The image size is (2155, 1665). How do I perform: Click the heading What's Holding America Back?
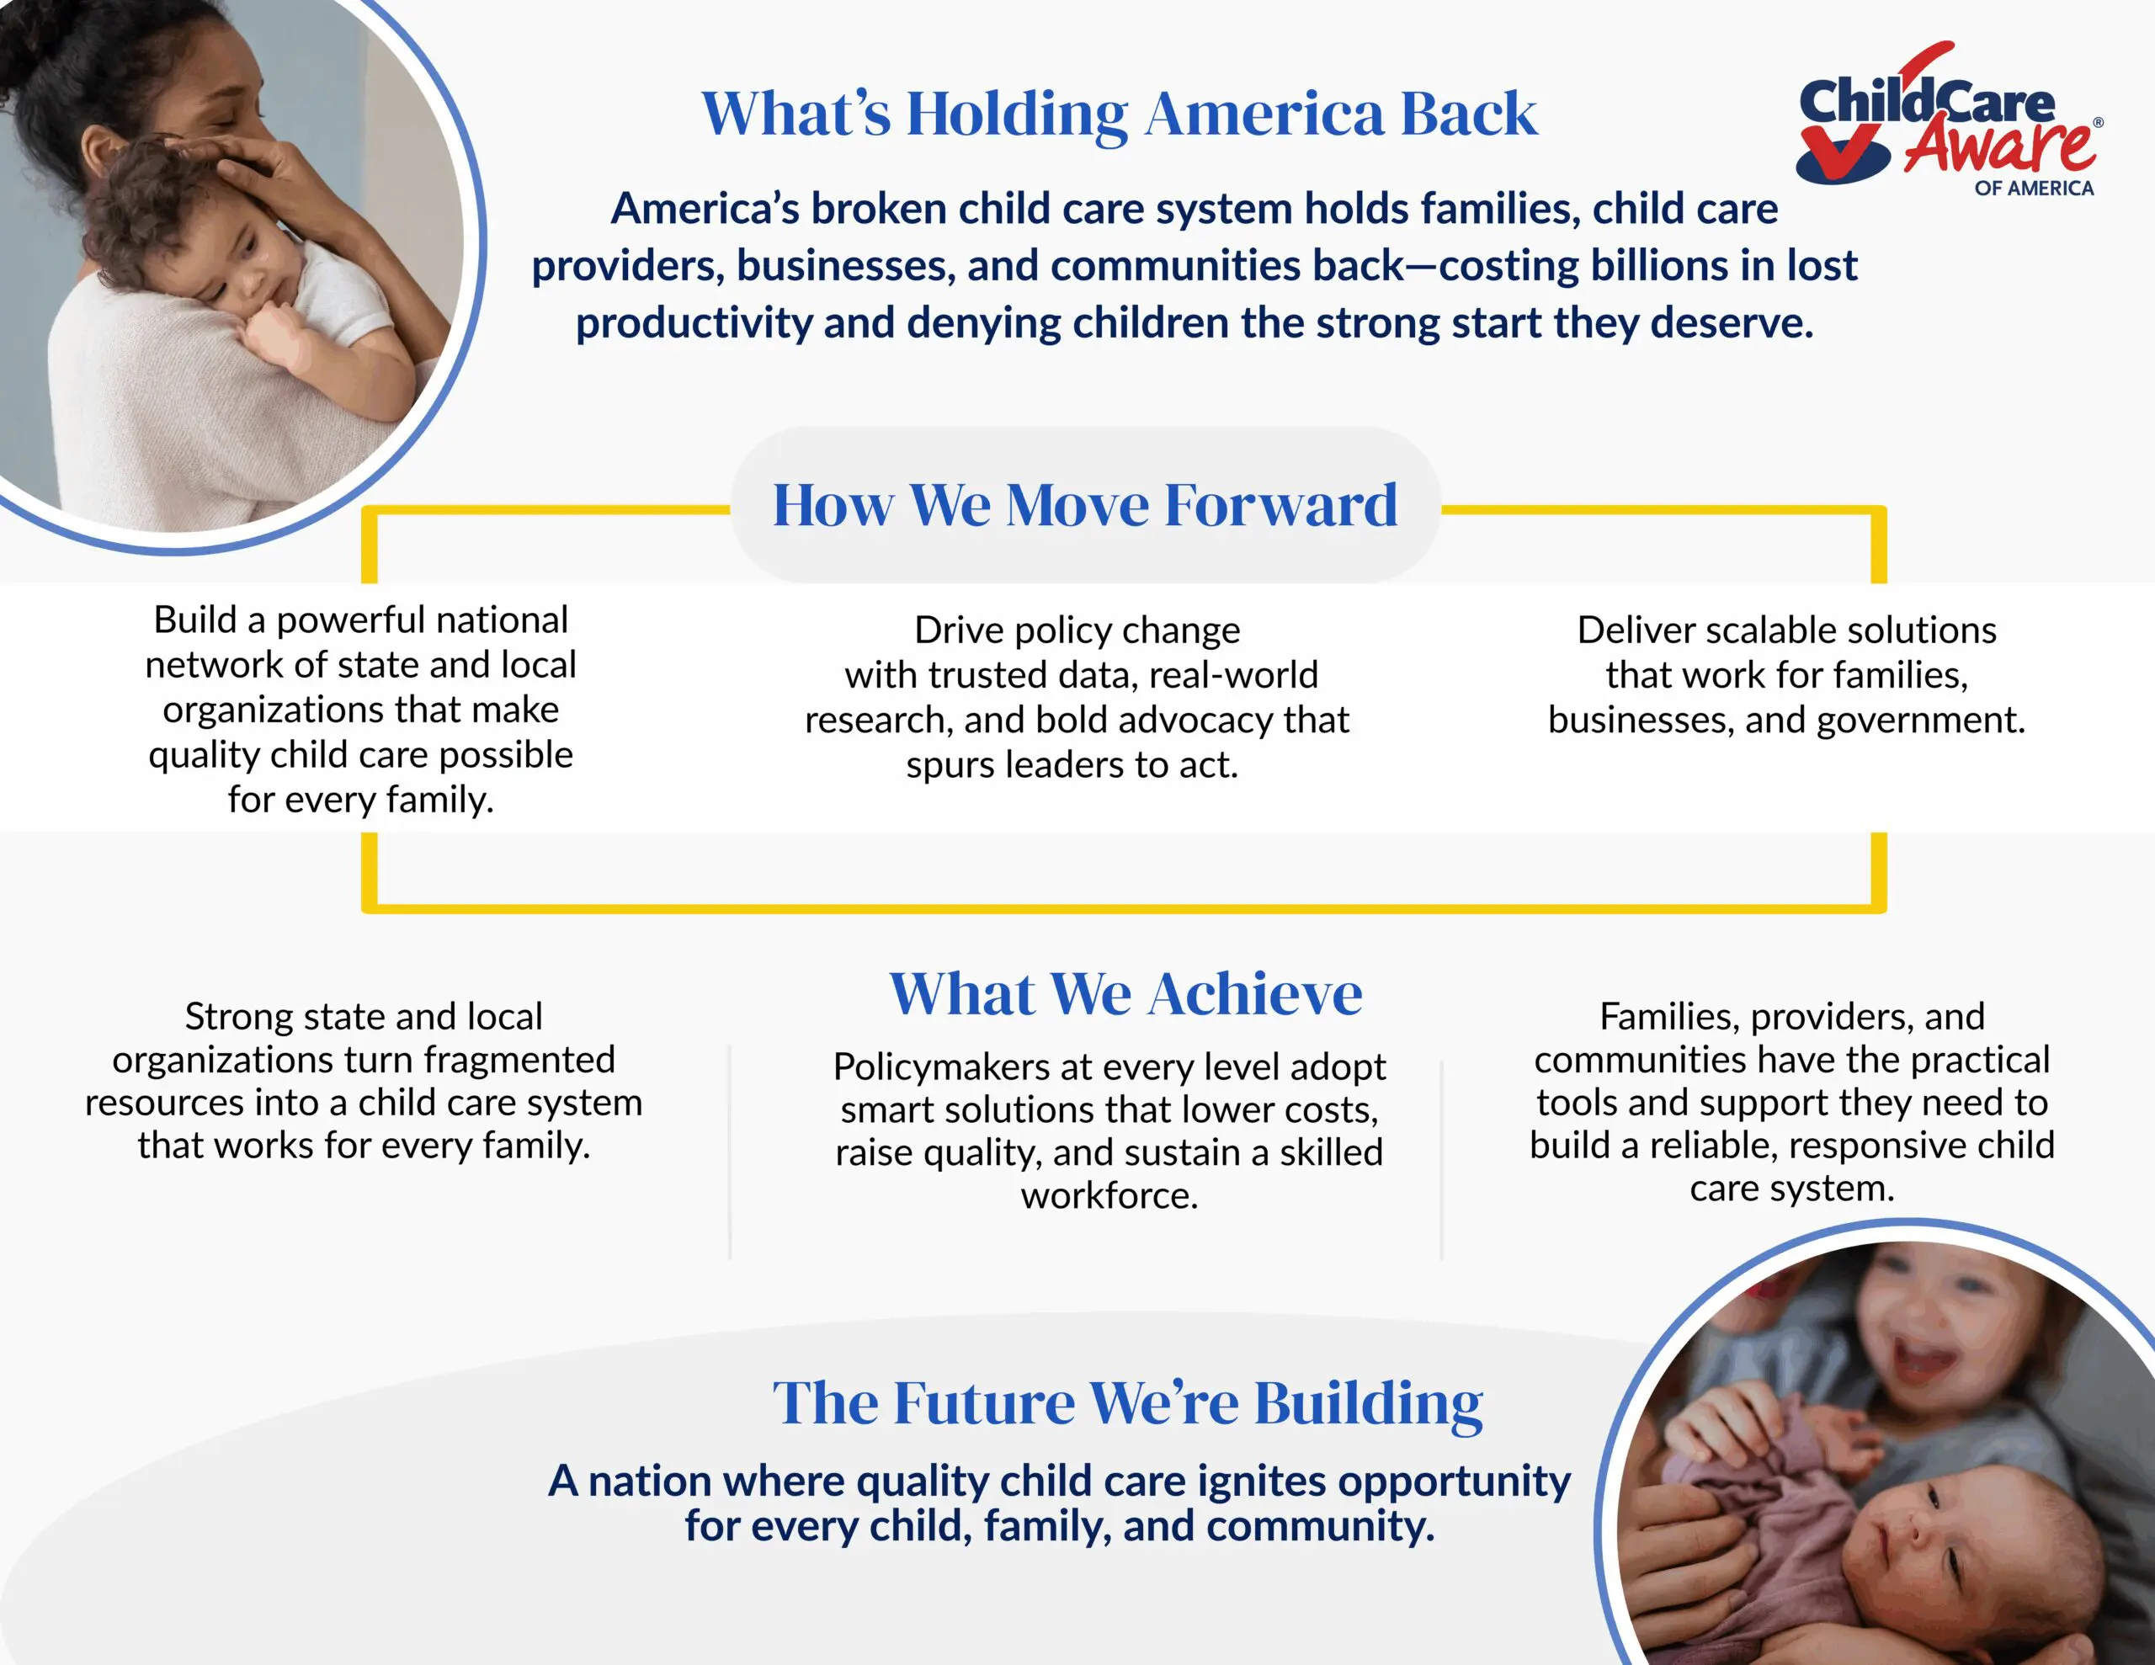[1119, 114]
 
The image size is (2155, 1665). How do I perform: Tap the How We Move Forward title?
[1085, 505]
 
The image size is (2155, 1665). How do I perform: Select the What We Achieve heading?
[1125, 993]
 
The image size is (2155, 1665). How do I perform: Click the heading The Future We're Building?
[1128, 1402]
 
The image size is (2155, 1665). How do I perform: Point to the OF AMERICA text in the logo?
[2034, 189]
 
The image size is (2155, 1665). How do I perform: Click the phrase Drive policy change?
[1077, 630]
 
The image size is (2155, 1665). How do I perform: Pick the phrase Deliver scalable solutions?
[1787, 630]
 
